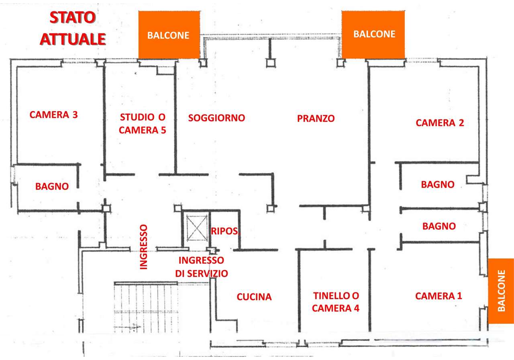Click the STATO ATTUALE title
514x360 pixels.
click(x=73, y=28)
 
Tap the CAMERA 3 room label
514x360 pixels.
click(x=54, y=115)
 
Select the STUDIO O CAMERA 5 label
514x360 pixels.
click(x=143, y=123)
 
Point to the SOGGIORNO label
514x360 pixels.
click(x=216, y=118)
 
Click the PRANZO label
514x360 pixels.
click(x=316, y=119)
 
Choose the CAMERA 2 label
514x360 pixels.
click(x=440, y=123)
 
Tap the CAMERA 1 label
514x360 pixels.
click(x=439, y=296)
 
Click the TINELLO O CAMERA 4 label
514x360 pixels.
click(x=336, y=302)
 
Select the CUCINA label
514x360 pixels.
click(x=254, y=297)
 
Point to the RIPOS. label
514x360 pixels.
click(x=225, y=231)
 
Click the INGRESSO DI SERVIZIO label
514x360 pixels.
click(x=202, y=267)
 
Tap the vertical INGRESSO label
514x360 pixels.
click(x=144, y=247)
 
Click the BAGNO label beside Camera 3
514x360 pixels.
click(x=52, y=186)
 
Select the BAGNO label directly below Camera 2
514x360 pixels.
click(x=438, y=184)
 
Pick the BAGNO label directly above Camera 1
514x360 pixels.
click(x=439, y=226)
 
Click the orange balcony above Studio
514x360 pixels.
click(x=169, y=35)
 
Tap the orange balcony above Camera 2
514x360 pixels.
click(x=373, y=35)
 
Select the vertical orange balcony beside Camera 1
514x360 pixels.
click(x=501, y=291)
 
